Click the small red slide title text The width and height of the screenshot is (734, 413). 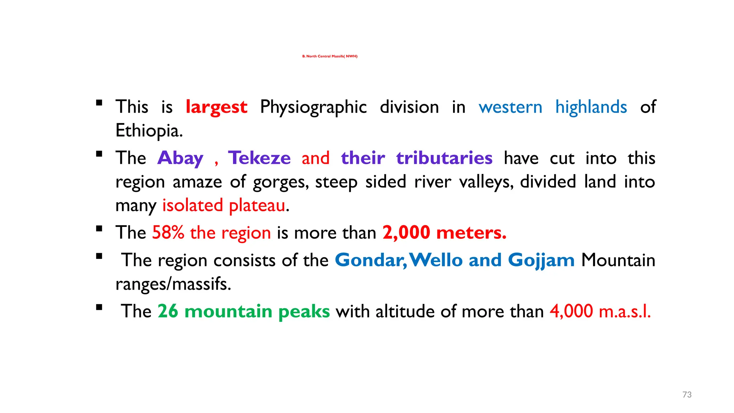pos(330,56)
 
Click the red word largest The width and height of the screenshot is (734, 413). pos(216,107)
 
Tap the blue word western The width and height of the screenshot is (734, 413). pos(510,107)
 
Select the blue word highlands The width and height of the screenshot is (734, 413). pos(591,107)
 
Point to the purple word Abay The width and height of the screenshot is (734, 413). pos(180,158)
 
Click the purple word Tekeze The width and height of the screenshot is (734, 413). pos(259,158)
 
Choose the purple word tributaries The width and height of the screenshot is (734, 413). pos(444,158)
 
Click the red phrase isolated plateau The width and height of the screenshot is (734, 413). pos(224,206)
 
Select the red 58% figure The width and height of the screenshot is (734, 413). pos(168,233)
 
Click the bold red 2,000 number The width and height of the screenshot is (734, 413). pos(406,233)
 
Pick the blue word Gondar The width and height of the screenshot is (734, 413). pos(371,260)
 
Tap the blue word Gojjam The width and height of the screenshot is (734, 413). pos(541,260)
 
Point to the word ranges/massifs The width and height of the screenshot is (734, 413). pos(173,284)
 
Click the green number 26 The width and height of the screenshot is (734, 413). pos(168,311)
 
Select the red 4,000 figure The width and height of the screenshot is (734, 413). pos(571,311)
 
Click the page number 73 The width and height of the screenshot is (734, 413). pos(687,395)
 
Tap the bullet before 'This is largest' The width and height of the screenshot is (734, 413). pos(99,103)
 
